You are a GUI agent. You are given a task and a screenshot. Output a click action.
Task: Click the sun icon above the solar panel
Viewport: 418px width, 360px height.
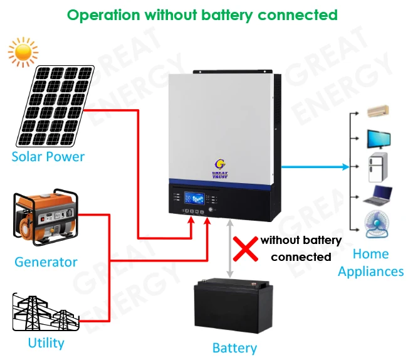23,53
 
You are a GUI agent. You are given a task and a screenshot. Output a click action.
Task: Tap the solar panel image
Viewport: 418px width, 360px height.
56,104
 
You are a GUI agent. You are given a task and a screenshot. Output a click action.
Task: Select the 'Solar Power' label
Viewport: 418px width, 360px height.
48,156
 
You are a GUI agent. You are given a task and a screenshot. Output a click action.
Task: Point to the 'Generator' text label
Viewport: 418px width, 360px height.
46,262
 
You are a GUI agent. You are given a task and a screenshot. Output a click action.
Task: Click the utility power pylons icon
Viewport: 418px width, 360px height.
46,311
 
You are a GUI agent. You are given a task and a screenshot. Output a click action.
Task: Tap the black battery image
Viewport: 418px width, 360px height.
233,306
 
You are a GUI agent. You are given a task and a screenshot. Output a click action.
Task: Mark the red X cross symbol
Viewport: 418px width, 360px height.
245,249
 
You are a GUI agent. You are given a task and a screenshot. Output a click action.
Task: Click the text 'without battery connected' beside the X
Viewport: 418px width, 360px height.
301,248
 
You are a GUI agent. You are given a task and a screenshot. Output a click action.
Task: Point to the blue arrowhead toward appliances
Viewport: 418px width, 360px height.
344,167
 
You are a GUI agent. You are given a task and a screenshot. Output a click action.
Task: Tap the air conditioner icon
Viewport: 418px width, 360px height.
378,112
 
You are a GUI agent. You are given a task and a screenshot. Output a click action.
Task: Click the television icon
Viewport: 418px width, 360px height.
379,139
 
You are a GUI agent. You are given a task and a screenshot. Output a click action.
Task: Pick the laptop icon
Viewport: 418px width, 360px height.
379,196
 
